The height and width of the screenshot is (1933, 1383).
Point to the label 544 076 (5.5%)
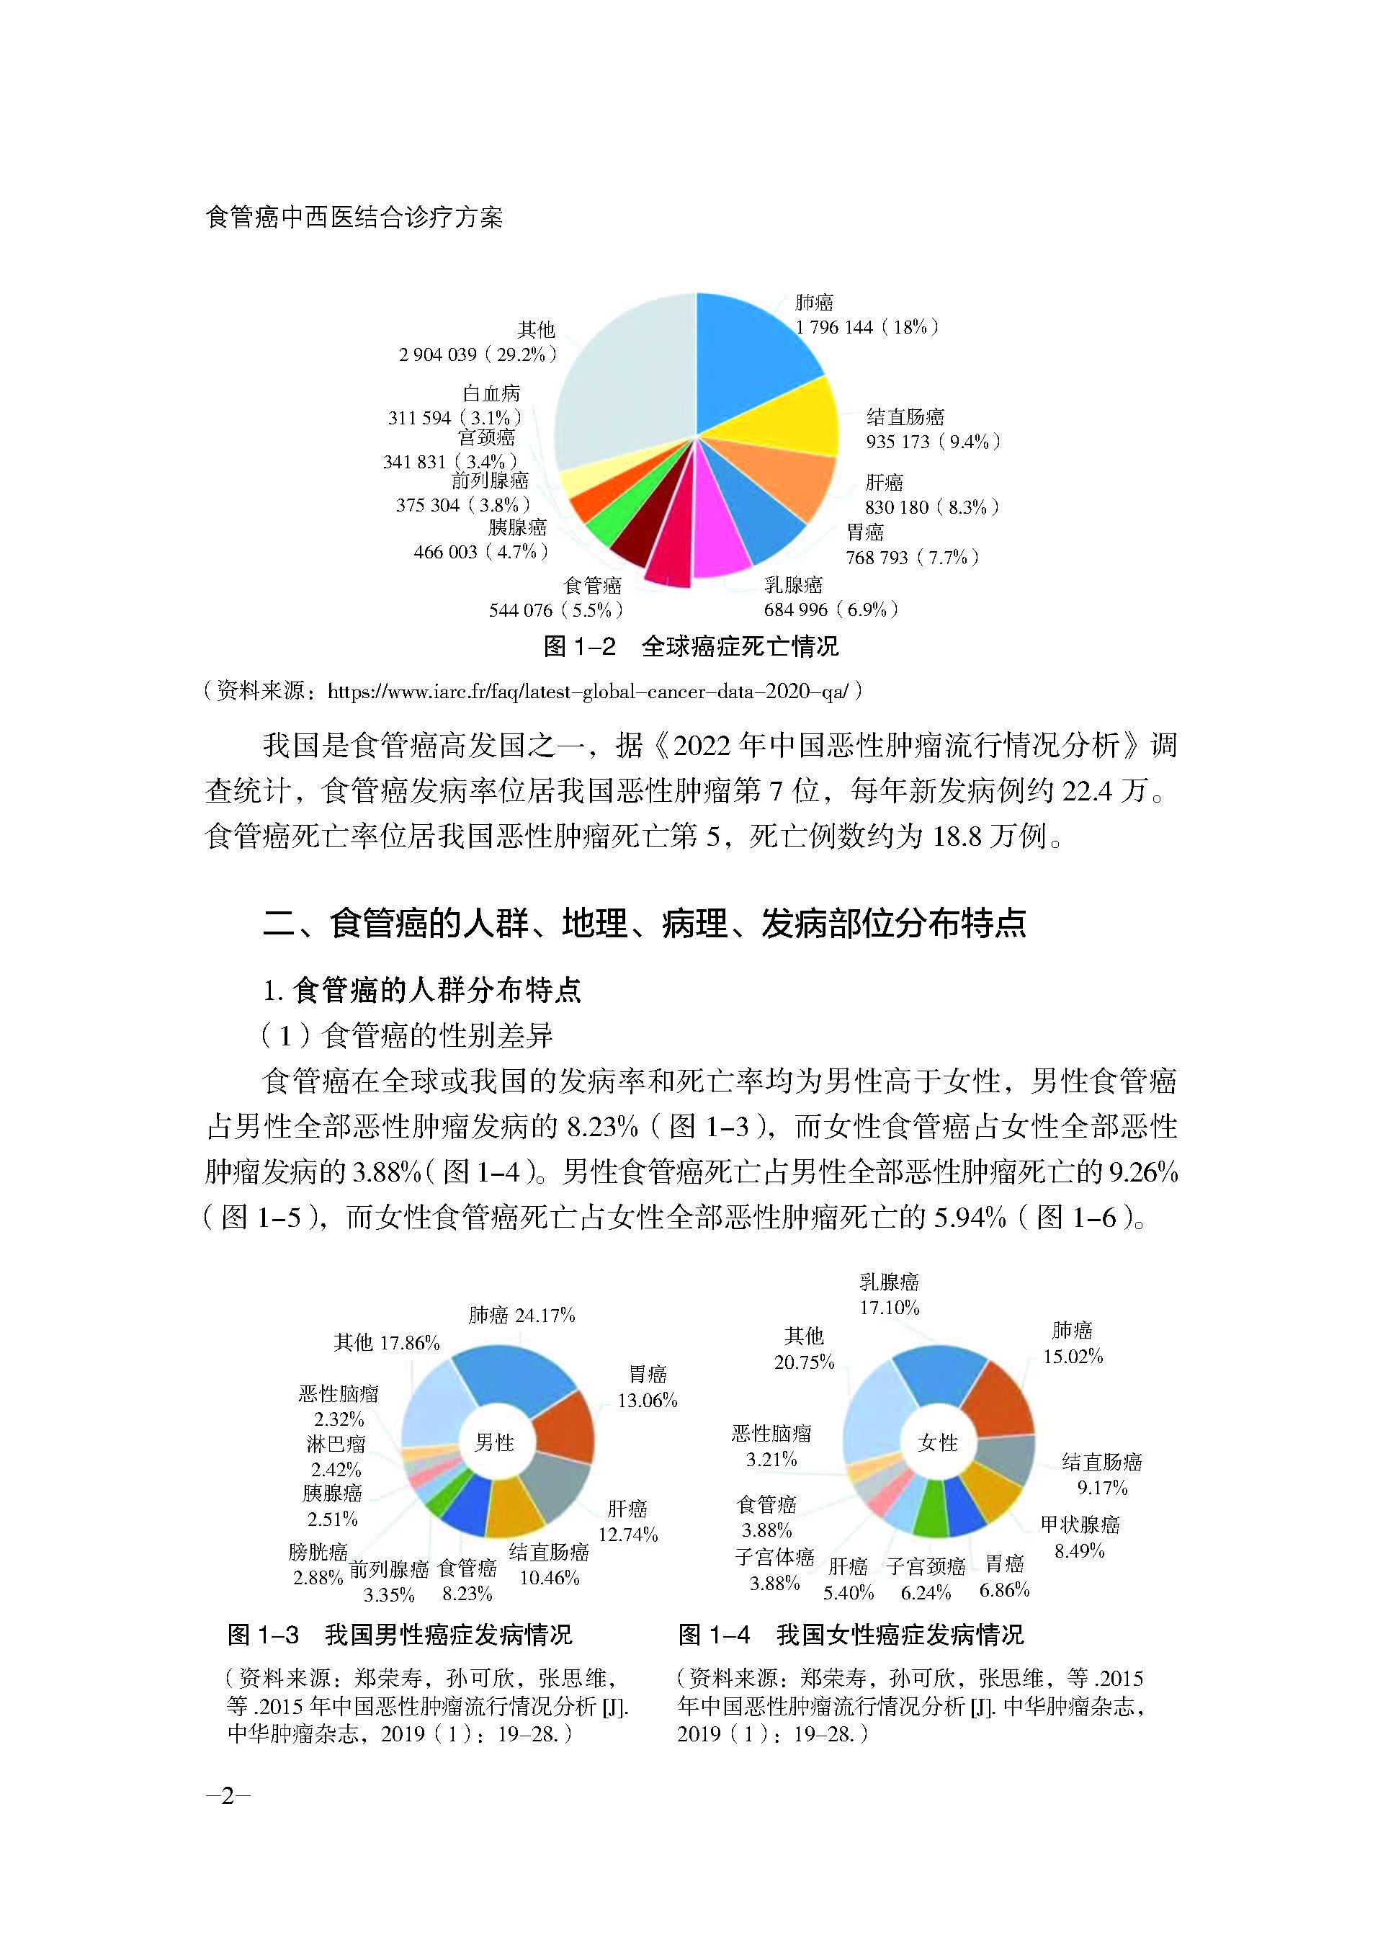click(555, 610)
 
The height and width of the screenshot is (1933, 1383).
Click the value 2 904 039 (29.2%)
click(477, 354)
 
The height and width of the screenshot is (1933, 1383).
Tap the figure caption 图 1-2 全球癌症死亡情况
click(691, 646)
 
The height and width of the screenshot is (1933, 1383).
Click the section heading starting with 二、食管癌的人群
click(645, 923)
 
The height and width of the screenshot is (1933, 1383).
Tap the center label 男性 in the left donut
click(495, 1442)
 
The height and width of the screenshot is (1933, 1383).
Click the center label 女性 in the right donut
click(938, 1442)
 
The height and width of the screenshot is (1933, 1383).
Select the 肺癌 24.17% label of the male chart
click(522, 1315)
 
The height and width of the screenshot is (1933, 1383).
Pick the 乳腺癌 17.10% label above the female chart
click(888, 1295)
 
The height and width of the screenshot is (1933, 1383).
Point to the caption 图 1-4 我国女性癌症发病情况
click(851, 1635)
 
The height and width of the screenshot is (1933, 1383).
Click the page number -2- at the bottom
click(228, 1796)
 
